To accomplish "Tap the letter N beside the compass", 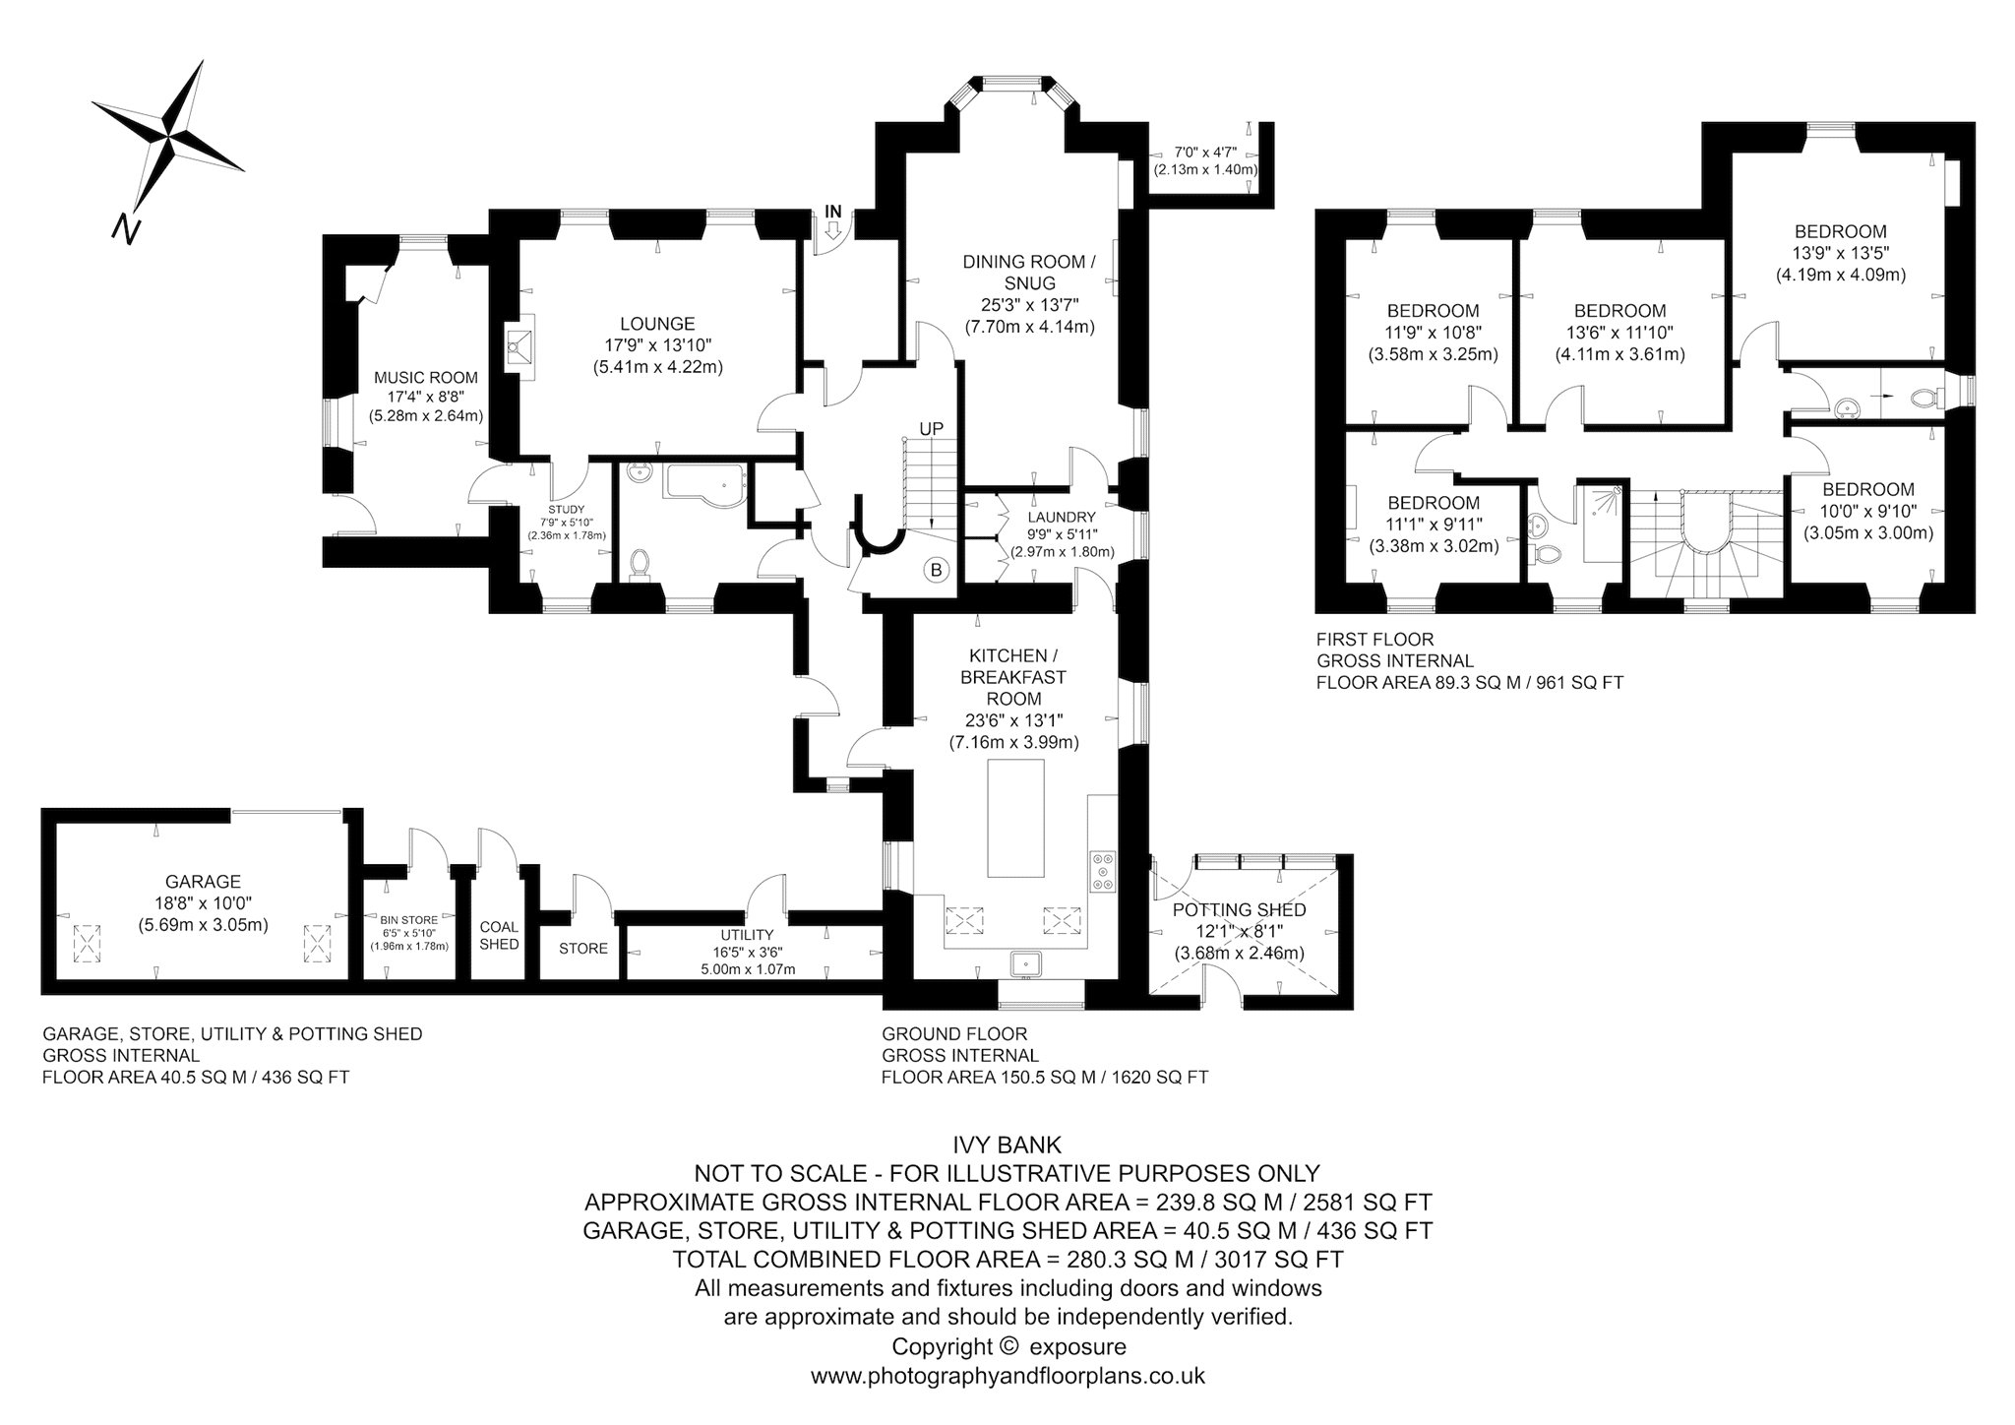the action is (124, 228).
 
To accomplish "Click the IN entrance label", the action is (833, 211).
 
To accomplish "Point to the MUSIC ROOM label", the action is (426, 378).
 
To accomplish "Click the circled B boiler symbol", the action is (936, 569).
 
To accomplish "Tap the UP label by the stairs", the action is (931, 429).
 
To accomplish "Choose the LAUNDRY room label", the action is (1062, 518).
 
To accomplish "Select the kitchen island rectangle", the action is (1015, 817).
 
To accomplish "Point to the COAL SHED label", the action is (499, 936).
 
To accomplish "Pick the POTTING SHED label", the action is (1240, 910).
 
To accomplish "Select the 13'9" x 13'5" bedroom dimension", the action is (1841, 253).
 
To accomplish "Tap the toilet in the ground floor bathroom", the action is (639, 564).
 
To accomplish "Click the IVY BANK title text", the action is (1007, 1145).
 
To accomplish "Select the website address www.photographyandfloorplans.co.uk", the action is (1007, 1375).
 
